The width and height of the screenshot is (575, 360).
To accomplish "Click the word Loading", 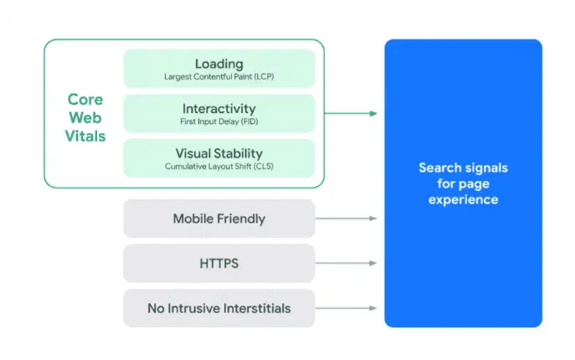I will point(218,63).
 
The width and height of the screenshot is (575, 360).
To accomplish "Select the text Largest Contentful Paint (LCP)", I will point(218,76).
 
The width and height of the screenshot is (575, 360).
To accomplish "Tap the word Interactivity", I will point(218,109).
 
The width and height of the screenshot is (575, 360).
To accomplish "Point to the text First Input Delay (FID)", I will point(218,121).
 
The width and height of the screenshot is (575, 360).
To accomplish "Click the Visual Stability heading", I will point(218,153).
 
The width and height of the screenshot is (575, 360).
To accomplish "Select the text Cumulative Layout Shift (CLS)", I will point(218,167).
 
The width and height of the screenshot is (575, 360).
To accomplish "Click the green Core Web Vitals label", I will point(85,117).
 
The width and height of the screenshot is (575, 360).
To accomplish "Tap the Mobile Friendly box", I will point(218,219).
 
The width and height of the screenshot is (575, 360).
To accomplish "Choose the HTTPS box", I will point(218,264).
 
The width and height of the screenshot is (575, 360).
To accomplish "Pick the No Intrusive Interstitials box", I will point(218,308).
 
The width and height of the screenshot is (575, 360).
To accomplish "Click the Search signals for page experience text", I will point(463,183).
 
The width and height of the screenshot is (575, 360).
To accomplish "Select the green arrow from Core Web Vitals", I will point(350,113).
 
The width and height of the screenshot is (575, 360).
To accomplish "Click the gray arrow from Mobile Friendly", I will point(346,219).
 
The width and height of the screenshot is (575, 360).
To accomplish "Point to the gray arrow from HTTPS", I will point(346,264).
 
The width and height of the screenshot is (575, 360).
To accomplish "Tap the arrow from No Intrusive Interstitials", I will point(346,308).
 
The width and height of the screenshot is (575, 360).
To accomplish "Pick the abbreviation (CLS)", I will point(263,167).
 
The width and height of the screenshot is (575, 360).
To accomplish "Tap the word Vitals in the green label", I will point(85,135).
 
